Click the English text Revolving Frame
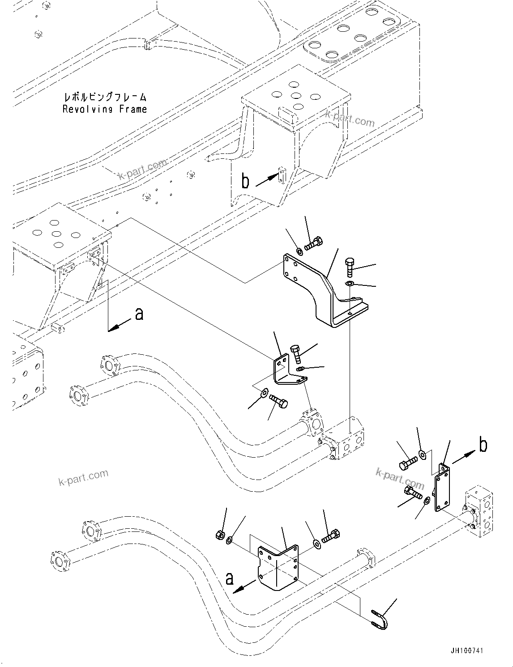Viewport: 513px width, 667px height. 104,109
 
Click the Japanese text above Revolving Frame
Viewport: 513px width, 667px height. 105,97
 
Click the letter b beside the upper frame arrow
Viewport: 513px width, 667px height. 245,181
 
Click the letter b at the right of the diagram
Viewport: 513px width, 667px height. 483,445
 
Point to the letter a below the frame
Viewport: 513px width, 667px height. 139,314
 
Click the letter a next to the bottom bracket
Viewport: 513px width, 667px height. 229,579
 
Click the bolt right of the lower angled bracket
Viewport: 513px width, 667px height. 332,535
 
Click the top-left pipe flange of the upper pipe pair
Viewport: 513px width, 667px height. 108,365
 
